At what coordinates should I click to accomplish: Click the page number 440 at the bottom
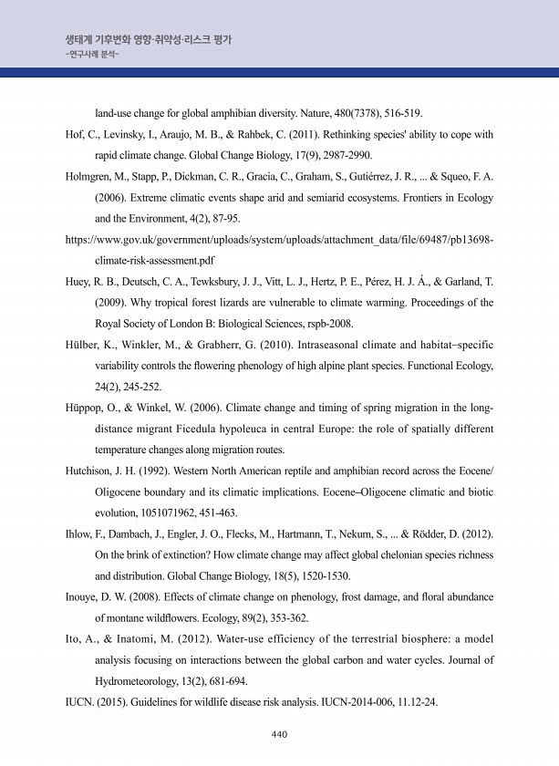(280, 734)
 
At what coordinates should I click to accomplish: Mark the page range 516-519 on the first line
(400, 113)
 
